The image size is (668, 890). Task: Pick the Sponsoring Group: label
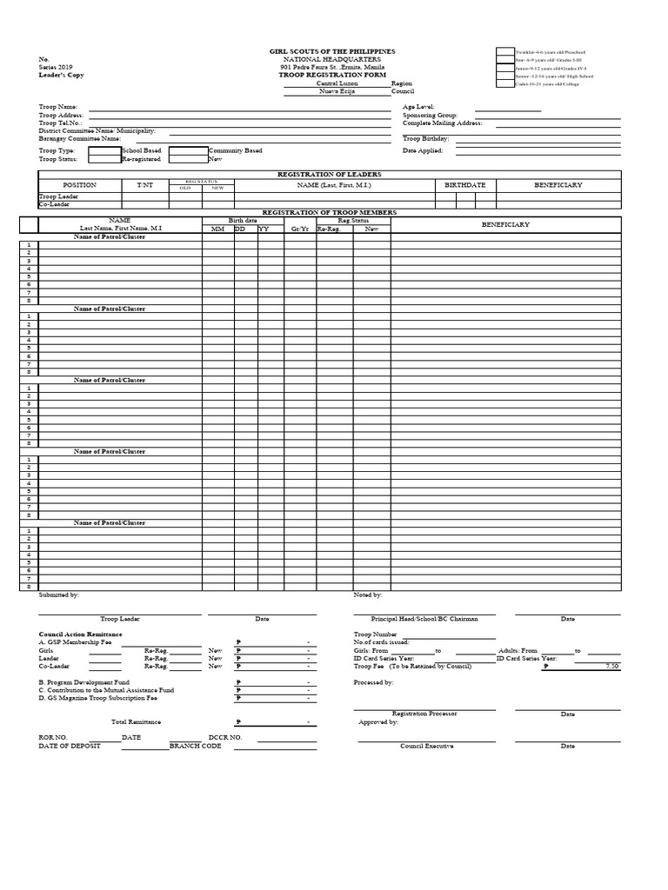click(430, 115)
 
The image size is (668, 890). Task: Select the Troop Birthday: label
click(425, 138)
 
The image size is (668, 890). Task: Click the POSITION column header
click(79, 185)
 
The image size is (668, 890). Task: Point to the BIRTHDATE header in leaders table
click(465, 185)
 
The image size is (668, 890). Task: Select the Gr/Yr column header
click(299, 229)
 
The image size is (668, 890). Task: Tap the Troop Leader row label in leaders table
click(59, 197)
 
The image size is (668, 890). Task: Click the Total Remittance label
click(136, 722)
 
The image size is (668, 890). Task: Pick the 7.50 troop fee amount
click(611, 666)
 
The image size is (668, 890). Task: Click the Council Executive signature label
click(426, 747)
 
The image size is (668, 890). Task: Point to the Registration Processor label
click(424, 714)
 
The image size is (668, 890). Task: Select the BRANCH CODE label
click(196, 746)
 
